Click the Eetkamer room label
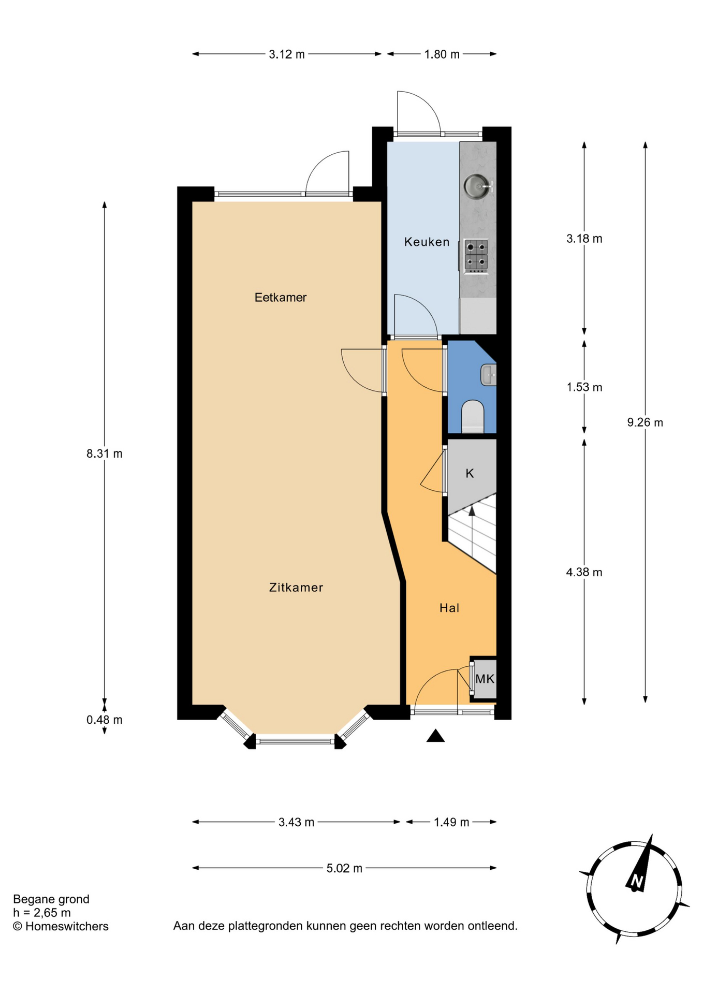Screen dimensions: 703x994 click(281, 297)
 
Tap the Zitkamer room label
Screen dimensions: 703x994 click(296, 587)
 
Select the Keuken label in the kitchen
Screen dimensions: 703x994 click(427, 242)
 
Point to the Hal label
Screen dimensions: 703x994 click(449, 608)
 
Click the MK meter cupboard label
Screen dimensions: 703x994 click(485, 679)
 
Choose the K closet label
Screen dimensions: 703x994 click(470, 473)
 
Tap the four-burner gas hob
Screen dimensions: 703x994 click(476, 255)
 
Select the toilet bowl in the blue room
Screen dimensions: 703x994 click(472, 416)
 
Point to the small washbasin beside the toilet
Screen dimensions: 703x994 click(489, 375)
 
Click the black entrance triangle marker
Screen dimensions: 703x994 click(435, 735)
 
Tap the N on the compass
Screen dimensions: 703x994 click(636, 881)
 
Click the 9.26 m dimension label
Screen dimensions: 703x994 click(645, 422)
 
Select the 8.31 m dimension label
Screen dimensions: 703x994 click(105, 454)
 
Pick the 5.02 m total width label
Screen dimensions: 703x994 click(344, 868)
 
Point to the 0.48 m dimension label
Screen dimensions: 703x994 click(105, 720)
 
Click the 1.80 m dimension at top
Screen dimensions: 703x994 click(442, 54)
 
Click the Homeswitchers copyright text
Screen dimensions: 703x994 click(61, 926)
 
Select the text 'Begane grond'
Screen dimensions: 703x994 click(51, 899)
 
